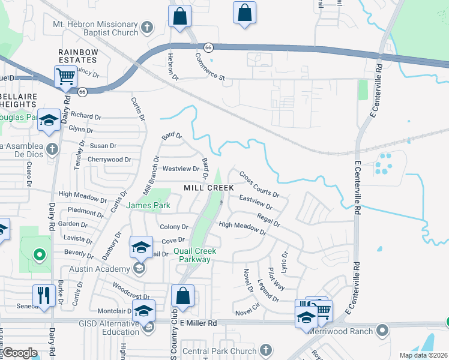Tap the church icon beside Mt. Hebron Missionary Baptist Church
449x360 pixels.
(148, 27)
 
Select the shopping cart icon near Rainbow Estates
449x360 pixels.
(65, 77)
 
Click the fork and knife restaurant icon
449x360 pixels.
(43, 295)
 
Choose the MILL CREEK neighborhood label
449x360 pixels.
(208, 188)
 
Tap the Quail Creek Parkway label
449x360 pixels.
(195, 256)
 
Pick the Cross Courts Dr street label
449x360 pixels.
(259, 185)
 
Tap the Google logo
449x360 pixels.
(20, 353)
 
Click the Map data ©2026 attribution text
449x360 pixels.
(423, 355)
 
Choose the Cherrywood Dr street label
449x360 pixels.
(109, 160)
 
